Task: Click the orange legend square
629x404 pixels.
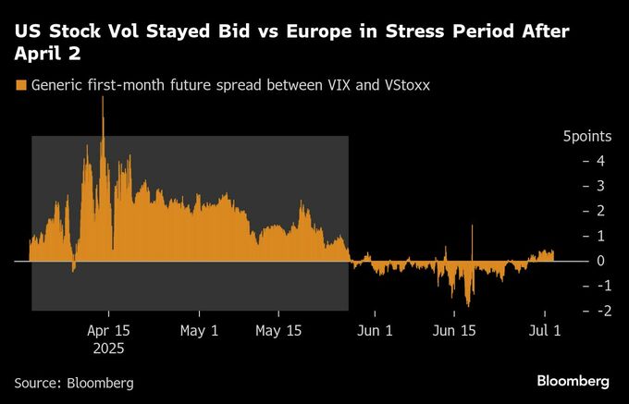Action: pos(20,85)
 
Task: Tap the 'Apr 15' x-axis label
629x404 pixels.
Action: pos(108,330)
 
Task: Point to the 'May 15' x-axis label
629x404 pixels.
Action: pos(278,330)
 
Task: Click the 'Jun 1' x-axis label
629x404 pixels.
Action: pos(374,330)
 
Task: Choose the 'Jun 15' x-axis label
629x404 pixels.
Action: pos(455,330)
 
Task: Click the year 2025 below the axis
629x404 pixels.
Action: pos(108,349)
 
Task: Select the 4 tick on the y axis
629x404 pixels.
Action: pos(600,161)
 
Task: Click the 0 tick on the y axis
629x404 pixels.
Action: pos(600,261)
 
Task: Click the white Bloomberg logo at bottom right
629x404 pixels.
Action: pos(573,381)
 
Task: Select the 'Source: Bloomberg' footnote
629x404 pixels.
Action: pos(74,382)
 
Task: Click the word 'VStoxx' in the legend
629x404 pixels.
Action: pos(407,85)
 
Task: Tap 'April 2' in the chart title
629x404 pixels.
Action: pos(46,55)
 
